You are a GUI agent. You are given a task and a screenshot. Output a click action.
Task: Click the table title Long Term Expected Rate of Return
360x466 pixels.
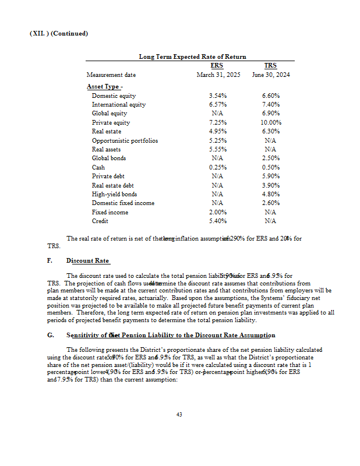tap(192, 57)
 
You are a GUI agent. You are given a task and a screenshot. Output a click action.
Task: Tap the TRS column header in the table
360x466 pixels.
tap(270, 65)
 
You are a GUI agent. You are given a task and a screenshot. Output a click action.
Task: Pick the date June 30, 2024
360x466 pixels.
tap(271, 75)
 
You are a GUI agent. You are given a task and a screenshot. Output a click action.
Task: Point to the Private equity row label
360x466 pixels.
tap(111, 123)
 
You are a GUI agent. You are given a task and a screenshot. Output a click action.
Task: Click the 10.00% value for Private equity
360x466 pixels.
tap(271, 123)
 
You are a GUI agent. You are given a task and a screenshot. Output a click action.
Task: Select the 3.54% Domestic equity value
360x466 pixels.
tap(217, 96)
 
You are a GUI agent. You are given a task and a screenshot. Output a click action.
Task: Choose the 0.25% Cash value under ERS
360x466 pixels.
tap(217, 168)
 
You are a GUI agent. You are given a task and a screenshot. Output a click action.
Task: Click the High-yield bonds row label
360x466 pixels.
tap(114, 194)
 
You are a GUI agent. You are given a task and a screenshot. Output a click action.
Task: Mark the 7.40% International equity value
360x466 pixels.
tap(271, 105)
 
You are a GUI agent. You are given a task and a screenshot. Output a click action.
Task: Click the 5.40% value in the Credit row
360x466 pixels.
tap(217, 221)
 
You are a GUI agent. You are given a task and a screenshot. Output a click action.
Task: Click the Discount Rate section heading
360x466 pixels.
tap(88, 260)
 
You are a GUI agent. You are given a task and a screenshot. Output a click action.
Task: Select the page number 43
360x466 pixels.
tap(179, 415)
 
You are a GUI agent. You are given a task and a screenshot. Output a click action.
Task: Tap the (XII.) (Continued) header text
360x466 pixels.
tap(58, 33)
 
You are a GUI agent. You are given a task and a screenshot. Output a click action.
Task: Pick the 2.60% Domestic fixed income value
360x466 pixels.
tap(271, 203)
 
